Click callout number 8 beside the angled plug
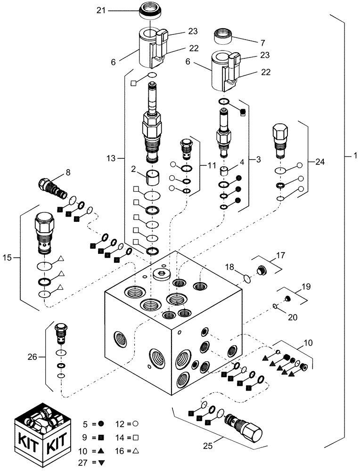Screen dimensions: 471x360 (x=67, y=172)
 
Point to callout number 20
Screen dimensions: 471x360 (x=292, y=317)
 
